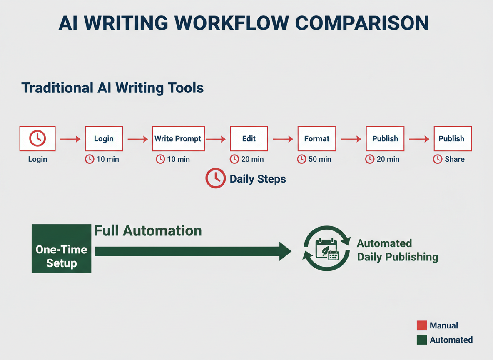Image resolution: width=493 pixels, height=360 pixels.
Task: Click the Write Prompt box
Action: (178, 138)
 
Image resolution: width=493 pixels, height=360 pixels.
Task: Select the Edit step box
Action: (249, 138)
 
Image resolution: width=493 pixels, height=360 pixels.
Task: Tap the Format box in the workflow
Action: (317, 138)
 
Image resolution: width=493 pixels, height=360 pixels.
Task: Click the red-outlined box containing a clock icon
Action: (37, 138)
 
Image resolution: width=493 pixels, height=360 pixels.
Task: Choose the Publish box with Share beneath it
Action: (452, 138)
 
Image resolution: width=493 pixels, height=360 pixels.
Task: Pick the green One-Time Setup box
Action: (61, 249)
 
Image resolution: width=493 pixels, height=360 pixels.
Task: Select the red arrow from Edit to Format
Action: (283, 139)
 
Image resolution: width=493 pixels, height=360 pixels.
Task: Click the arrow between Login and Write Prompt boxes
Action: (137, 139)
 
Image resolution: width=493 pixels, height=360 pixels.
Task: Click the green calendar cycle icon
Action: (327, 249)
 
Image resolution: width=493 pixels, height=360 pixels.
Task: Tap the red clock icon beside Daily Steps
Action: (216, 178)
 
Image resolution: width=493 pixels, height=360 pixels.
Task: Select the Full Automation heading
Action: (148, 231)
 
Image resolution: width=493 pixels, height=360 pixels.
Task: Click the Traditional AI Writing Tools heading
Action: (112, 88)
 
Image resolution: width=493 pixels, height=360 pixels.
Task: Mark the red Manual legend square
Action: (422, 325)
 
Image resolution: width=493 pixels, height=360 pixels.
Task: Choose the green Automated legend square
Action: (422, 340)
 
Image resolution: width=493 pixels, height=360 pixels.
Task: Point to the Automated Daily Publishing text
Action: (397, 250)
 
